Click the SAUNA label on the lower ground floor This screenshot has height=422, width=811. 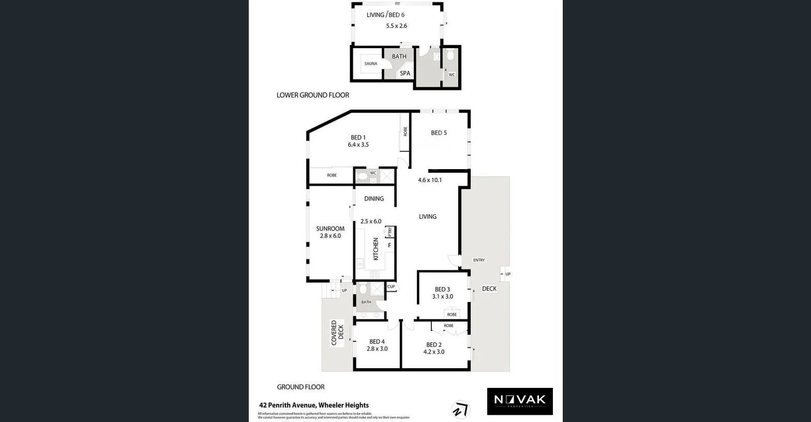click(371, 64)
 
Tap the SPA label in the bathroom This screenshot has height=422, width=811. click(405, 73)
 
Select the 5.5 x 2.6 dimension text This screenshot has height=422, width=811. click(397, 25)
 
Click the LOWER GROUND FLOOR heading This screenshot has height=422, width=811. click(313, 95)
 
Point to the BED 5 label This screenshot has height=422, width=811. click(439, 133)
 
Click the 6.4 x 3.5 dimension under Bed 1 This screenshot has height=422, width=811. click(358, 145)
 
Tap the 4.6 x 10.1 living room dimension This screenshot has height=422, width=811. click(430, 180)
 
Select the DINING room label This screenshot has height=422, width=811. click(374, 199)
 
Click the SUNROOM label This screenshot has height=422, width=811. click(330, 229)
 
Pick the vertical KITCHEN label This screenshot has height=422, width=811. click(376, 249)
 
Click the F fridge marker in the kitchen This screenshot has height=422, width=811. click(389, 246)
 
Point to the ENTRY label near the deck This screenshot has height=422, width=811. click(479, 260)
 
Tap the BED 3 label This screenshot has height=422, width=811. click(442, 290)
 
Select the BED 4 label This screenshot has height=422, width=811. click(377, 341)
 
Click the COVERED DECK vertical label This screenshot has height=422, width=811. click(337, 333)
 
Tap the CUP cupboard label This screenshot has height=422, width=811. click(391, 287)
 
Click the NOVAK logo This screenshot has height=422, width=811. click(520, 401)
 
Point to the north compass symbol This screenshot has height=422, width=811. click(460, 410)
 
